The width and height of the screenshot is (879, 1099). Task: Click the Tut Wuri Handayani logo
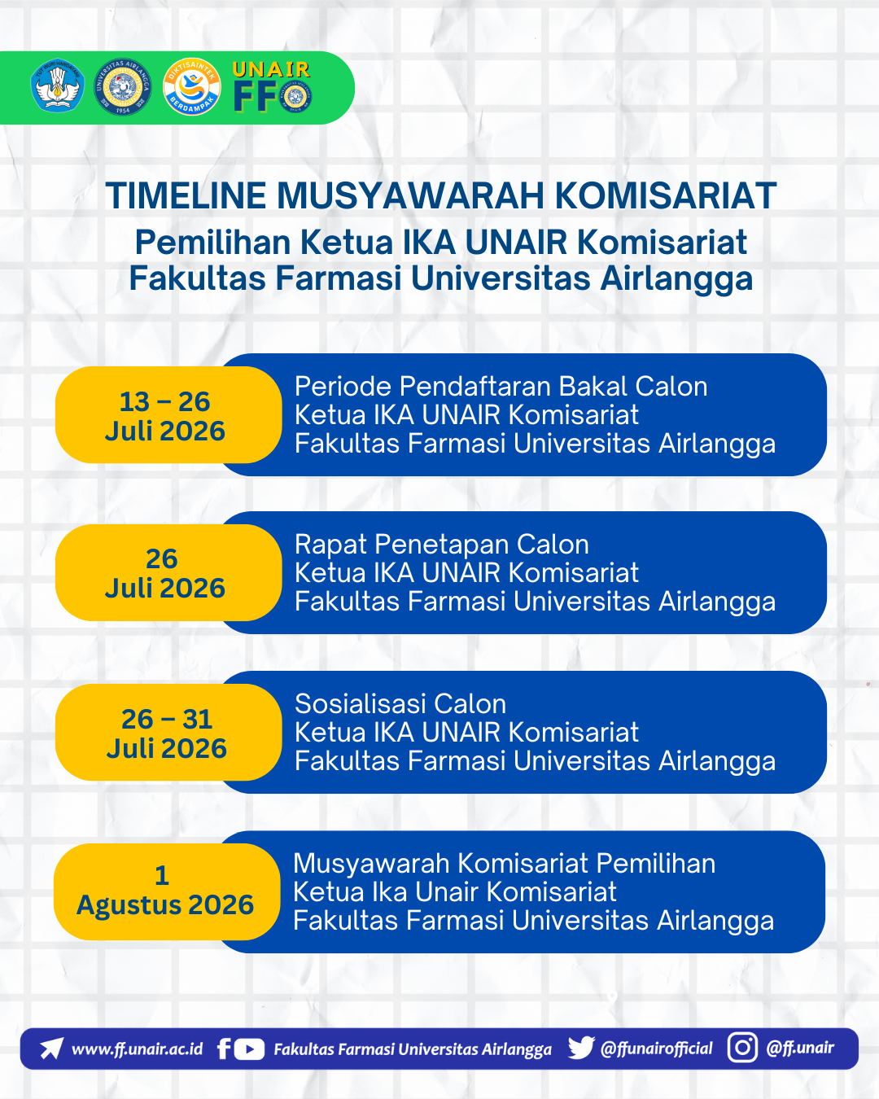(x=57, y=85)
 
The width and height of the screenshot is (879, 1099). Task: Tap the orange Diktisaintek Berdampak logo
(x=191, y=86)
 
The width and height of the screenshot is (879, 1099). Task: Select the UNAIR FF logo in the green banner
(x=272, y=86)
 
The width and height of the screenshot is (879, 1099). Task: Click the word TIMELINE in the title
(x=186, y=195)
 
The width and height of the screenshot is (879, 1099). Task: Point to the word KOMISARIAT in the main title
(x=666, y=195)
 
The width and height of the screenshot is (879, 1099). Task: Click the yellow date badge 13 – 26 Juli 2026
(x=168, y=414)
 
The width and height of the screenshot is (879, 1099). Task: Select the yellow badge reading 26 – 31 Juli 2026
(x=168, y=733)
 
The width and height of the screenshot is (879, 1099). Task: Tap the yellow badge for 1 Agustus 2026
(x=167, y=891)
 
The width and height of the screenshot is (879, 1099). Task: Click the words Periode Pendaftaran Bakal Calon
(x=501, y=386)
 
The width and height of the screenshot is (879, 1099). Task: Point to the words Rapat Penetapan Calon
(x=442, y=545)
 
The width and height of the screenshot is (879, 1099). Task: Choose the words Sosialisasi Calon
(x=400, y=703)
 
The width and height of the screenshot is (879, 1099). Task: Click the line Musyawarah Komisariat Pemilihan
(x=504, y=864)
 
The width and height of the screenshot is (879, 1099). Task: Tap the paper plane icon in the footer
(x=52, y=1048)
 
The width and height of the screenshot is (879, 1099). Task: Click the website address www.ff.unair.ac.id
(x=138, y=1049)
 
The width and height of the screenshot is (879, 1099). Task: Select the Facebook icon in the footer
(x=223, y=1049)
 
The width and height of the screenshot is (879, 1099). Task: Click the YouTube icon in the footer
(x=249, y=1049)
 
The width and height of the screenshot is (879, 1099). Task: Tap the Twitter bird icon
(x=582, y=1048)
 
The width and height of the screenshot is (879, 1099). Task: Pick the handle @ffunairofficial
(x=656, y=1049)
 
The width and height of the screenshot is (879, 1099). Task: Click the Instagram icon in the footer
(x=742, y=1048)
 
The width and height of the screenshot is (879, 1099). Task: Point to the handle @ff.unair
(x=800, y=1048)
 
